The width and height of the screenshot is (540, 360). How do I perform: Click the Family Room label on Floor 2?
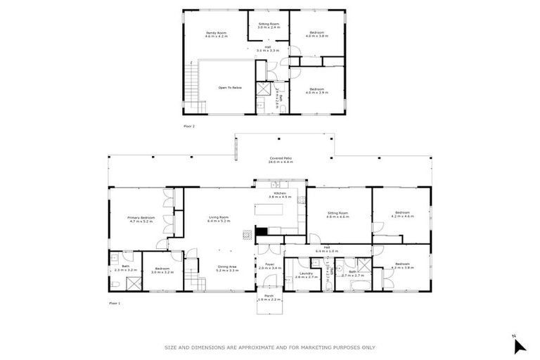click(216, 34)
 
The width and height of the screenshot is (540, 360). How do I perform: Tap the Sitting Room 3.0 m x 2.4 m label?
click(269, 25)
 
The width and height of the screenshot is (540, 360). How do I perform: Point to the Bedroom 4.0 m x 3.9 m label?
click(316, 91)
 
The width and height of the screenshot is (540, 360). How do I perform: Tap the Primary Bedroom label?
click(141, 219)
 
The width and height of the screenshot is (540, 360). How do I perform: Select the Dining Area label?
click(227, 269)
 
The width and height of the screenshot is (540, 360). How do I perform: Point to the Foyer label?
click(269, 267)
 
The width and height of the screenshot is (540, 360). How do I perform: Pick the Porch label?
click(269, 298)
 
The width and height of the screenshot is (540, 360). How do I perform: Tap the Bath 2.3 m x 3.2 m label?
click(124, 268)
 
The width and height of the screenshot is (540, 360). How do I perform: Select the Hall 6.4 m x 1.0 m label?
click(328, 250)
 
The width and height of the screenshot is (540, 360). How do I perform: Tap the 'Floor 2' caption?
click(188, 126)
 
